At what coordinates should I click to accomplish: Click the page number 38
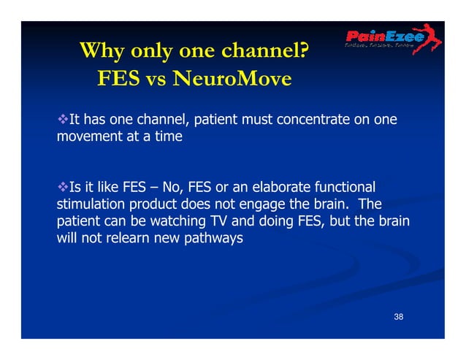[x=399, y=316]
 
